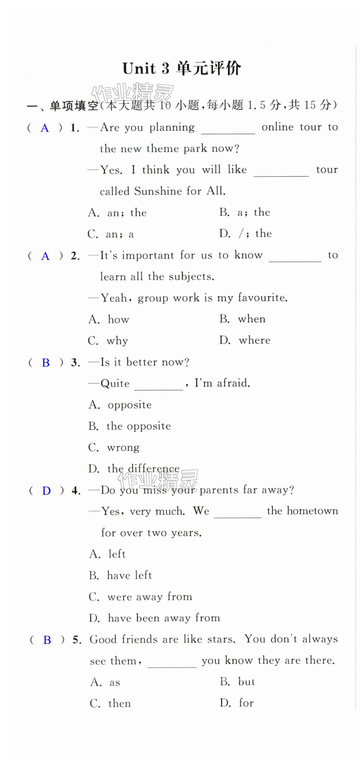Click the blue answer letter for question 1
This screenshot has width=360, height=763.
45,128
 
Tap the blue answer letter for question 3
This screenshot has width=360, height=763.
46,363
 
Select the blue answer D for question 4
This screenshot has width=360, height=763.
46,491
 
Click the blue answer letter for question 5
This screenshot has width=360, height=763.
47,640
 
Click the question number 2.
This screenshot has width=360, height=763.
75,256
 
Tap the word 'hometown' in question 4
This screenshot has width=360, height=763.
312,511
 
